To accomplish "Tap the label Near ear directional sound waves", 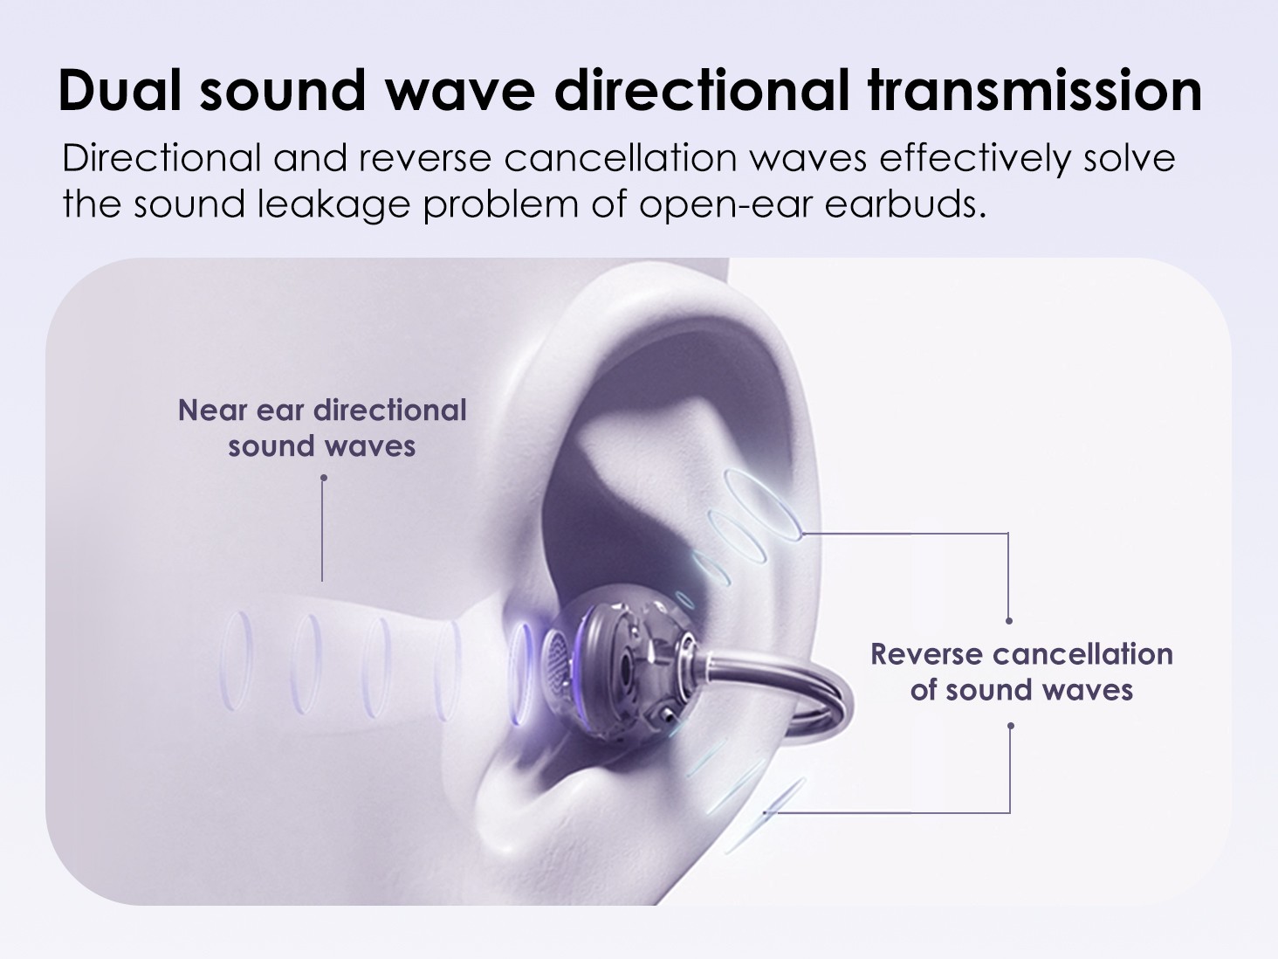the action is click(322, 428).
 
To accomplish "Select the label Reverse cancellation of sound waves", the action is click(1022, 672).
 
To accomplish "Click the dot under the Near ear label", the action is click(324, 478).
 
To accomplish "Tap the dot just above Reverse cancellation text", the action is click(1009, 621).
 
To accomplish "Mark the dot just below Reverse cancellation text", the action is click(1011, 726).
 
